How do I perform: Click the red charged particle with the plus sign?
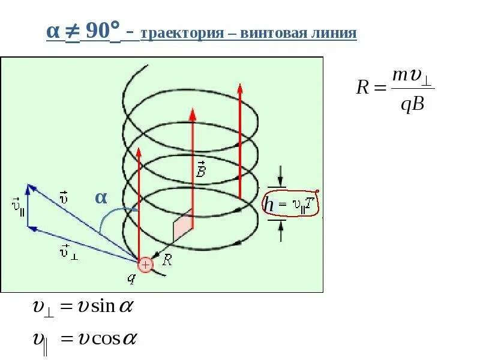coord(145,264)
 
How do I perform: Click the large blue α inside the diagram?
coord(101,197)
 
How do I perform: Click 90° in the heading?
coord(103,31)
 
